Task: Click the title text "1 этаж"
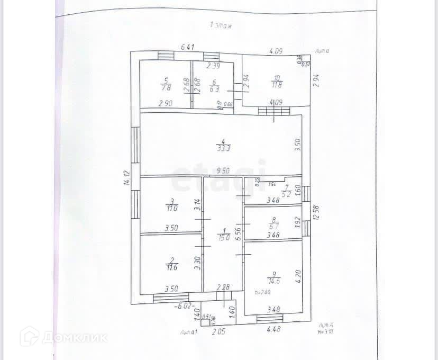tap(222, 25)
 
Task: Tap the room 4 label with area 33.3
tap(223, 145)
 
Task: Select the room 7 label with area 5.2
tap(286, 191)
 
